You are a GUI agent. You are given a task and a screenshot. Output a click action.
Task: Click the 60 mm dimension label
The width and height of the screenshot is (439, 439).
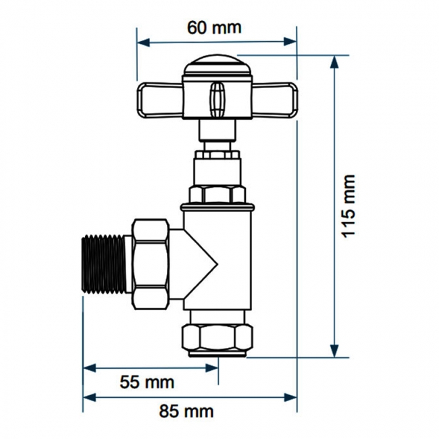[214, 28]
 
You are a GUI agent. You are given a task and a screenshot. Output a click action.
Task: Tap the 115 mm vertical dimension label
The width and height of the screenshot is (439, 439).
[348, 206]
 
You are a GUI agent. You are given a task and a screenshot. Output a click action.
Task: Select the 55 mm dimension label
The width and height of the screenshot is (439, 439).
[147, 382]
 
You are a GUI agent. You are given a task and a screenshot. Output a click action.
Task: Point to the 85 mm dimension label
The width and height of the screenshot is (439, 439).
[186, 411]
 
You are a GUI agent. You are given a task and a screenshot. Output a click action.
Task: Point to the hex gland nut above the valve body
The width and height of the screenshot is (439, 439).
[216, 194]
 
